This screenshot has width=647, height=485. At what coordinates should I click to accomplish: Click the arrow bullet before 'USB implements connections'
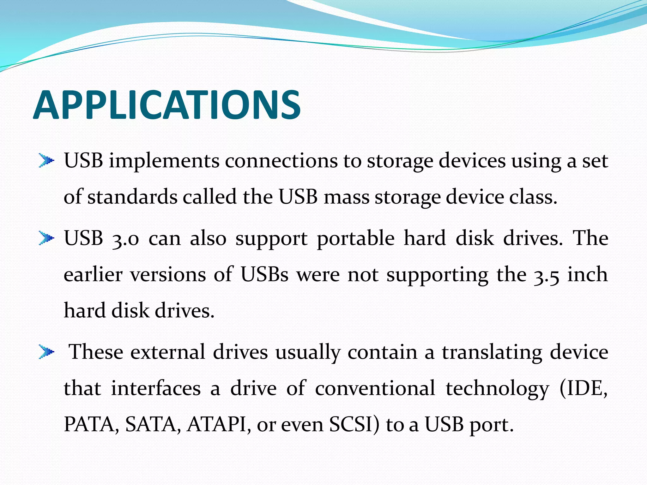coord(46,161)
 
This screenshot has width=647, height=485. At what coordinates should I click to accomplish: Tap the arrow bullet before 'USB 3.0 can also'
coord(46,238)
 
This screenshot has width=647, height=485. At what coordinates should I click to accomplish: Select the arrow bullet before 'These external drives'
coord(46,352)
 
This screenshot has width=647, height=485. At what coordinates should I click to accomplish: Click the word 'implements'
coord(164,161)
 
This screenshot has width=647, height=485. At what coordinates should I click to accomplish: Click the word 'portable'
coord(356,239)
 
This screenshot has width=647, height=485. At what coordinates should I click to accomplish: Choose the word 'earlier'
coord(93,274)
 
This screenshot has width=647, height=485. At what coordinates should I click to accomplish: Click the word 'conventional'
coord(375,388)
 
